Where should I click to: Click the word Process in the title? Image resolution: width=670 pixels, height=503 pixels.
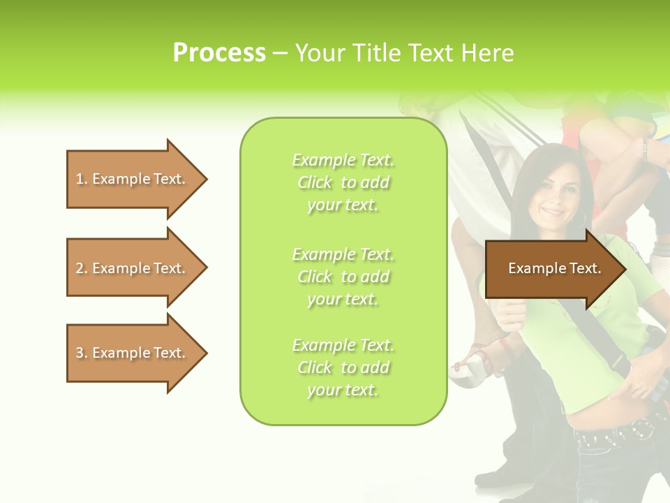(x=219, y=53)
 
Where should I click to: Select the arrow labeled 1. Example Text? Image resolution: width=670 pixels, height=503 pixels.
(x=133, y=179)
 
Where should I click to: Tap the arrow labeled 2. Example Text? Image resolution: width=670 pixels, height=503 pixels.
(x=133, y=268)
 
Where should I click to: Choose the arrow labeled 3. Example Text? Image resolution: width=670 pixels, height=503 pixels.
(x=133, y=353)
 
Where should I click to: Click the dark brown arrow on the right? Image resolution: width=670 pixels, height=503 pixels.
(x=551, y=268)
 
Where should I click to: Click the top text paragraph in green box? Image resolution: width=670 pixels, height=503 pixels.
(x=343, y=182)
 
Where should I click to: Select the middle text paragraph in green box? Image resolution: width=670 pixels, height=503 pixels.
(x=343, y=277)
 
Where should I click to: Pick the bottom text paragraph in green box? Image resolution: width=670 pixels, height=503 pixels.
(x=343, y=367)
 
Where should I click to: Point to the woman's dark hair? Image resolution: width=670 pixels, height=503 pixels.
(x=530, y=168)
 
